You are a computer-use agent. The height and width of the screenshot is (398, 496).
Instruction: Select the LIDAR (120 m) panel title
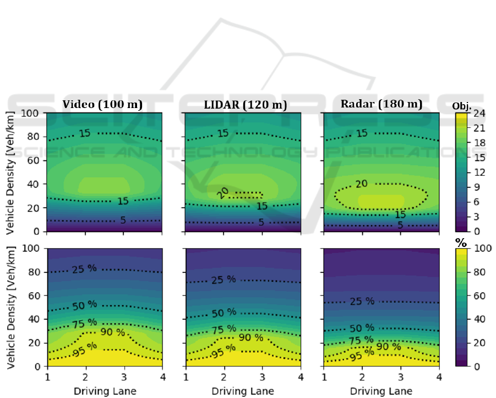(x=241, y=104)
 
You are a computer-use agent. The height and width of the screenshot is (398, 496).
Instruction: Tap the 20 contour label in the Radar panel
(x=361, y=183)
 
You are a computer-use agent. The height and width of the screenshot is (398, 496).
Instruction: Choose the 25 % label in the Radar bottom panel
(x=362, y=302)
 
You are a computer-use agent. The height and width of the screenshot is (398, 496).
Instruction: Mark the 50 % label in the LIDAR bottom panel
(x=224, y=313)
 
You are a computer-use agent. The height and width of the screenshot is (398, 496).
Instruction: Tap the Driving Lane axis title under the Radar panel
(x=381, y=391)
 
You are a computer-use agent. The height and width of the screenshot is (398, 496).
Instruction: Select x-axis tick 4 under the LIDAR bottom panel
(x=301, y=377)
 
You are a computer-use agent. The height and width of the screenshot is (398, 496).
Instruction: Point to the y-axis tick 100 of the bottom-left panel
(x=32, y=249)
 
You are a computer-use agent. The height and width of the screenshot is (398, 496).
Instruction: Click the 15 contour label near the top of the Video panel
(x=85, y=134)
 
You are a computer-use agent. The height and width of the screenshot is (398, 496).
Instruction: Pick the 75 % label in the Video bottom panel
(x=85, y=322)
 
